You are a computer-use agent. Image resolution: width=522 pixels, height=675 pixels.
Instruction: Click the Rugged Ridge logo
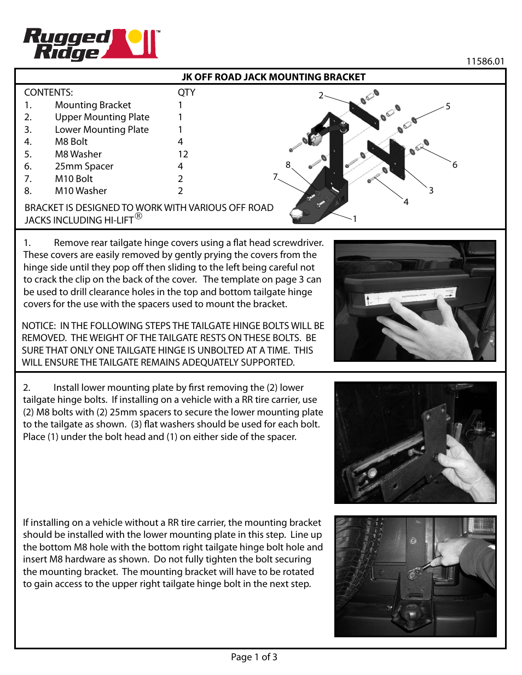(90, 44)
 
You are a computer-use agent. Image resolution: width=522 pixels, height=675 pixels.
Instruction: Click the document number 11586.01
(485, 61)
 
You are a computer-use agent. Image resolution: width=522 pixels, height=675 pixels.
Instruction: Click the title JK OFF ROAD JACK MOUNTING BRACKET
(273, 77)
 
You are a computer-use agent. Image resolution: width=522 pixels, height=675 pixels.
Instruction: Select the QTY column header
(186, 92)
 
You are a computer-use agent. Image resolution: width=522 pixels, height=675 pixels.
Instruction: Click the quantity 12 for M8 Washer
(183, 154)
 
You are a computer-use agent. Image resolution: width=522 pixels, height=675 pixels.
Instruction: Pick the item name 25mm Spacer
(84, 166)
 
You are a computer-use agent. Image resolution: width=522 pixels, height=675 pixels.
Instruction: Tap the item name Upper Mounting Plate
(102, 117)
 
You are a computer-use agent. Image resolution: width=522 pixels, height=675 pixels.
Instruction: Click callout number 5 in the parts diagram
(448, 107)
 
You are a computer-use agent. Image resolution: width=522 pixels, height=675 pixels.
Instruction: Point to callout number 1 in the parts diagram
(355, 219)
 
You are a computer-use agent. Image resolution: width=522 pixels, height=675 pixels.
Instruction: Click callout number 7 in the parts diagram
(275, 177)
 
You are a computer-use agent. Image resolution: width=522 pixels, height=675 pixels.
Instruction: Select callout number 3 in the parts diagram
(431, 190)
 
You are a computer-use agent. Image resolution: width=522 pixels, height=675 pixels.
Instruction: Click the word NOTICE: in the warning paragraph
(39, 326)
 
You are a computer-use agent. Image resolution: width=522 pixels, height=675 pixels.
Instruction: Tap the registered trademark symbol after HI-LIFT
(138, 216)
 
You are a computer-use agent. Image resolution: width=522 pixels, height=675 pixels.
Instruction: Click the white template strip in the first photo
(410, 296)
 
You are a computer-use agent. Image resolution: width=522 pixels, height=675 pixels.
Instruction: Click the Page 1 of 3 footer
(254, 657)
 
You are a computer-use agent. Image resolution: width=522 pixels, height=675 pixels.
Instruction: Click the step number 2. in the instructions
(26, 388)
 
